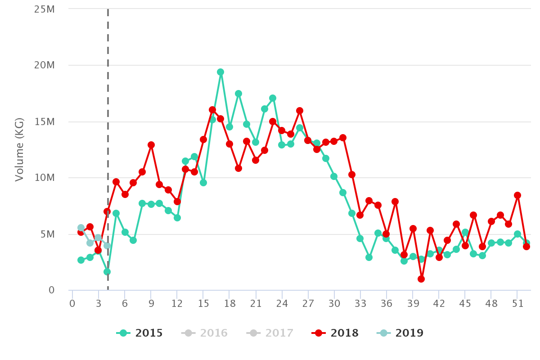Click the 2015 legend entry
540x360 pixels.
pos(139,333)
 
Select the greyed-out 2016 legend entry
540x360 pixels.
pos(205,333)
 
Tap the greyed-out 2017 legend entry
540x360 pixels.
pos(270,333)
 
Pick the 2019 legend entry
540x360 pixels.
pos(400,333)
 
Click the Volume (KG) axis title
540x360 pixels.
pos(19,149)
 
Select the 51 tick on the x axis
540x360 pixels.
pos(517,304)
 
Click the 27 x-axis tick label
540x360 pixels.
pos(308,304)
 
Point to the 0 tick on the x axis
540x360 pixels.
pos(72,304)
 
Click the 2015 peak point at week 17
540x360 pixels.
pos(220,72)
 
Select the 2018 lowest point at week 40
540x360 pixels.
pos(421,279)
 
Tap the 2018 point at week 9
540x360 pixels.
pos(151,145)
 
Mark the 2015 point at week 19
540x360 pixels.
pos(238,94)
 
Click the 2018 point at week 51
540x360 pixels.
pos(517,195)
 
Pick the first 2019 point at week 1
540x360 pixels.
pos(81,228)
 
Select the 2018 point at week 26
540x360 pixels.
pos(300,111)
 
